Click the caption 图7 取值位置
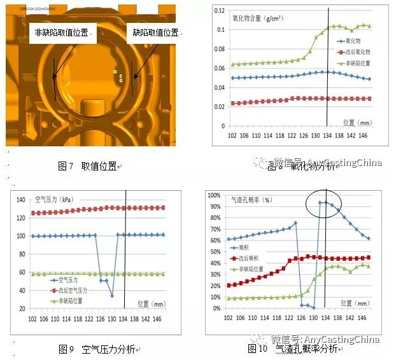88,166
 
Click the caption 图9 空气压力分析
96,349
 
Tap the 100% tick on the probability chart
213,195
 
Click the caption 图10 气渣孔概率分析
293,349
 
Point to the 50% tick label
215,252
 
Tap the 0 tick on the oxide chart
222,126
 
